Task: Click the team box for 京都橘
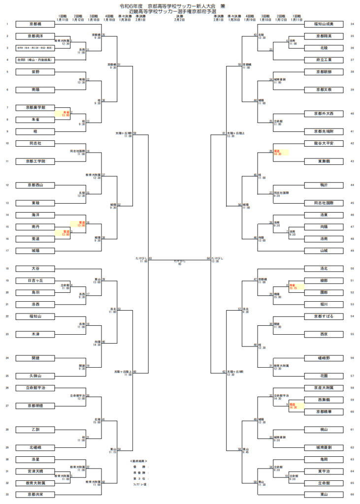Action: tap(34, 24)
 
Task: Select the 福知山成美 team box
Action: tap(324, 24)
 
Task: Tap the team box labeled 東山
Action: tap(324, 494)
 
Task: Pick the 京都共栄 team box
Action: tap(34, 494)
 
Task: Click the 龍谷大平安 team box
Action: tap(324, 143)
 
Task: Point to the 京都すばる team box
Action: tap(324, 316)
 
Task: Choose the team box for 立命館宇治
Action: tap(34, 388)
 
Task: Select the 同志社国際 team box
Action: tap(324, 202)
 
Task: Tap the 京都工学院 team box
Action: tap(34, 161)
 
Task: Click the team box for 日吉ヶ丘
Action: tap(34, 280)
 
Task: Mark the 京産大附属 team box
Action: tap(324, 388)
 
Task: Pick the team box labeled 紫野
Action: tap(34, 72)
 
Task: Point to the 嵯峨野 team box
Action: tap(324, 358)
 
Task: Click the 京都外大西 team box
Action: tap(324, 113)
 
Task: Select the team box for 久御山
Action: tap(34, 376)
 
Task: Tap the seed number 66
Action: tap(352, 494)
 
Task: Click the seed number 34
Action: tap(352, 24)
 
